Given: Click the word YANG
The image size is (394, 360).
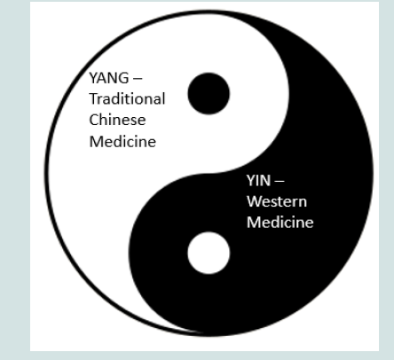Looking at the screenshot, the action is click(109, 78).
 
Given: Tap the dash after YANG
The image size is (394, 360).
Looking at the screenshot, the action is click(138, 79).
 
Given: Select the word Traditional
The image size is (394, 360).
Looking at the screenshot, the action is click(127, 98).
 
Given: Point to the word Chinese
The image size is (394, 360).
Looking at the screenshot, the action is click(117, 120).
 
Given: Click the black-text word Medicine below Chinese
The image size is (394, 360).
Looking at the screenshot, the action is click(122, 141).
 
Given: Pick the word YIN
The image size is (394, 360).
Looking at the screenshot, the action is click(258, 181).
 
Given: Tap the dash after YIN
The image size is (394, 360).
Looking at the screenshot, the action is click(280, 181).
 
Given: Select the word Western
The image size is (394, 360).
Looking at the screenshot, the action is click(277, 201).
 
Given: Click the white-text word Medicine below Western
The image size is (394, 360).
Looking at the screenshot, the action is click(280, 223).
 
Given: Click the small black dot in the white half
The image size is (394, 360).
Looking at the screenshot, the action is click(209, 93).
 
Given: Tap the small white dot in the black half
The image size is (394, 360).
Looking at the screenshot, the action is click(209, 253).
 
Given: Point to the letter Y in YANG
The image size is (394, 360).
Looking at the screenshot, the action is click(93, 78).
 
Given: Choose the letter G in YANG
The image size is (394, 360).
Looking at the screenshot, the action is click(123, 78).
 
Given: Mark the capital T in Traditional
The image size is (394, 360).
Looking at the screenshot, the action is click(94, 98).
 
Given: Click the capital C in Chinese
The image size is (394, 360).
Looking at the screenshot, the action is click(94, 120).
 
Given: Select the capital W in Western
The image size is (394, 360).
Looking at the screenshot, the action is click(256, 201).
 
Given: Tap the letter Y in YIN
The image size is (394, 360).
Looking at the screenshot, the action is click(250, 181).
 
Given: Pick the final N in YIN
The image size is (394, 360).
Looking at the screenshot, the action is click(265, 181).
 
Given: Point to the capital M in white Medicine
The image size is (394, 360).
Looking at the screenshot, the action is click(254, 223).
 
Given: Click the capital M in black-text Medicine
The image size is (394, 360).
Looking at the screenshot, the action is click(96, 141).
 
